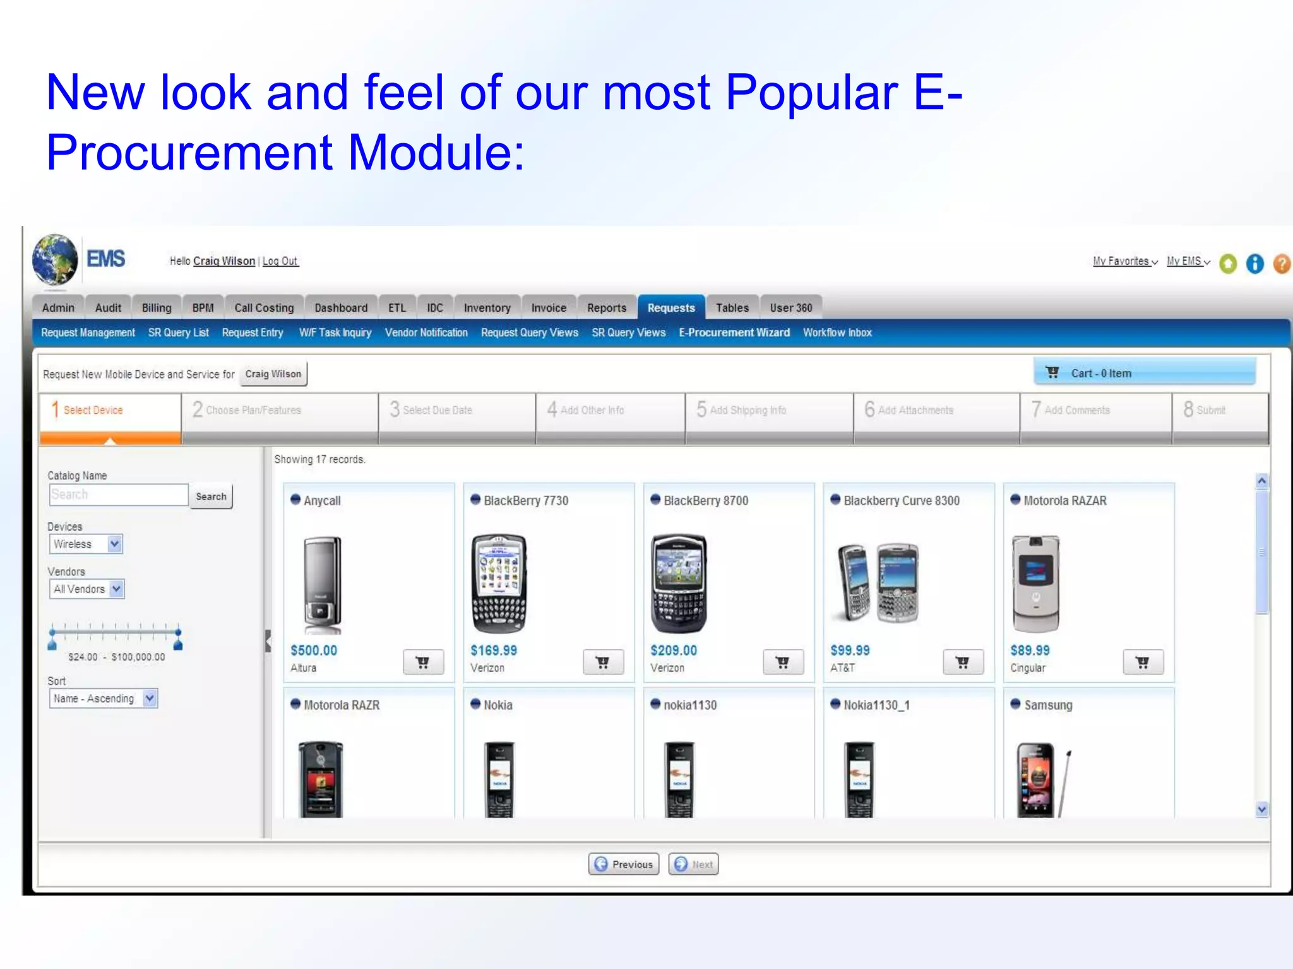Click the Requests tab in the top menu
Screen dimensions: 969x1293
(x=670, y=308)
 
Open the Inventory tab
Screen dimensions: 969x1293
(x=487, y=308)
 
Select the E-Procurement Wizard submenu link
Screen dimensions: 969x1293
(x=734, y=332)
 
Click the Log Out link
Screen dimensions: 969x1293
(x=280, y=261)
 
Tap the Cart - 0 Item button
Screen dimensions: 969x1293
(x=1144, y=373)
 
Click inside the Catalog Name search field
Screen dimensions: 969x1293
(x=118, y=495)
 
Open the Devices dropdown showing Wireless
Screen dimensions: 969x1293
(x=86, y=544)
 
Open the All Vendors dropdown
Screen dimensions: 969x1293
(x=86, y=589)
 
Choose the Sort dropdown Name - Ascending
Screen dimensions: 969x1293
(x=103, y=698)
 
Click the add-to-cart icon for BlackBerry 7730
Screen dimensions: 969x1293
(x=602, y=662)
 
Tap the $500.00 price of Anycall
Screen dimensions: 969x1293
(x=314, y=650)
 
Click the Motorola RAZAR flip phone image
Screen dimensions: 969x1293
(x=1035, y=584)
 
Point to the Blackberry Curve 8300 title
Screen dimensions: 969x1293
(x=901, y=501)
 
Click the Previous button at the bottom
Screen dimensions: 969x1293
(x=623, y=864)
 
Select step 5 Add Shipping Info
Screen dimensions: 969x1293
(x=747, y=410)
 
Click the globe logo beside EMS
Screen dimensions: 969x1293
(x=55, y=260)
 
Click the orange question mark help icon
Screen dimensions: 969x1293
(x=1281, y=264)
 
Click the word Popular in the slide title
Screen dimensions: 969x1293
(x=811, y=93)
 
